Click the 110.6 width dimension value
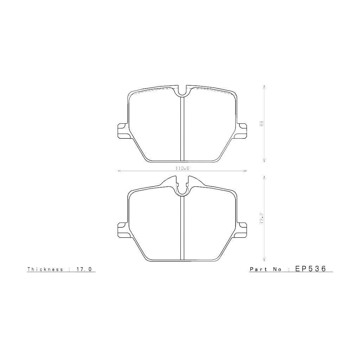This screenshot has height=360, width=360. [x=182, y=168]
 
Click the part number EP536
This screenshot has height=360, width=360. [x=311, y=269]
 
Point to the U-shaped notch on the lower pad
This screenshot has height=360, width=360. [x=182, y=190]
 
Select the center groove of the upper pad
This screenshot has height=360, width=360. [x=182, y=128]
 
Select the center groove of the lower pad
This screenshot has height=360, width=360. [x=182, y=229]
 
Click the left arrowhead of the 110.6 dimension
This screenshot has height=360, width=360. [x=119, y=171]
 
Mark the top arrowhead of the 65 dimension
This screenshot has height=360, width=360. [x=264, y=86]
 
